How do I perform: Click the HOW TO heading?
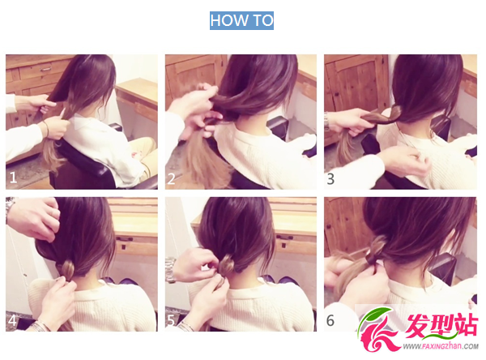[x=241, y=20]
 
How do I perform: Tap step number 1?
[x=13, y=178]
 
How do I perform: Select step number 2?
[x=172, y=179]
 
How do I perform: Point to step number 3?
[x=330, y=179]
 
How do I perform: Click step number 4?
[x=12, y=320]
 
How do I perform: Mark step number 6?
[x=330, y=320]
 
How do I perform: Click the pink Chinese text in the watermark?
[x=441, y=325]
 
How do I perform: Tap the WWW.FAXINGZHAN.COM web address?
[x=441, y=346]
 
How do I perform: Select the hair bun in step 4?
[x=67, y=268]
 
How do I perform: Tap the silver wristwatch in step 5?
[x=170, y=270]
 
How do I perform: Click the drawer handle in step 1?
[x=45, y=69]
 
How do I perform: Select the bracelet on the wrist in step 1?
[x=46, y=128]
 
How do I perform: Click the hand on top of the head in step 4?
[x=34, y=217]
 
